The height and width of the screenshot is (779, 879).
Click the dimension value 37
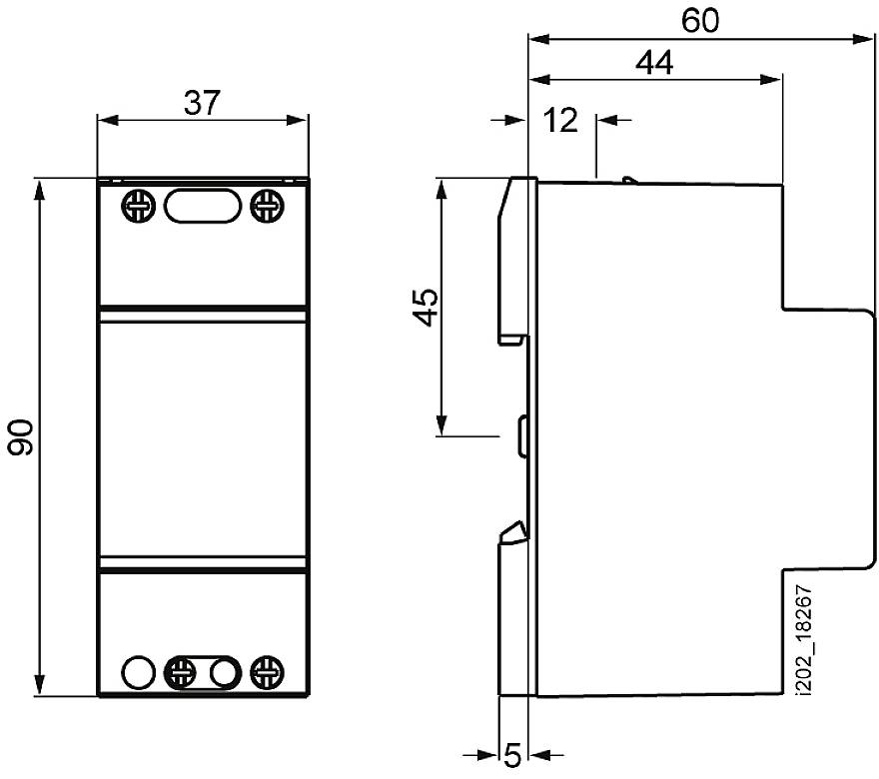click(203, 103)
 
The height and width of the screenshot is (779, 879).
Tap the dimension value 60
click(700, 20)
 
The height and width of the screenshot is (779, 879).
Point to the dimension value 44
click(654, 62)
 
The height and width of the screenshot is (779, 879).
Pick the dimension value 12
click(560, 120)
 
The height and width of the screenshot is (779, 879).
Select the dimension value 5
click(513, 755)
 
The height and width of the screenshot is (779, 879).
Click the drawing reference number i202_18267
click(804, 641)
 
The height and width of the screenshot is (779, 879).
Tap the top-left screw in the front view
click(138, 207)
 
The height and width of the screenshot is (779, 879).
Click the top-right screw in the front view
click(267, 207)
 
